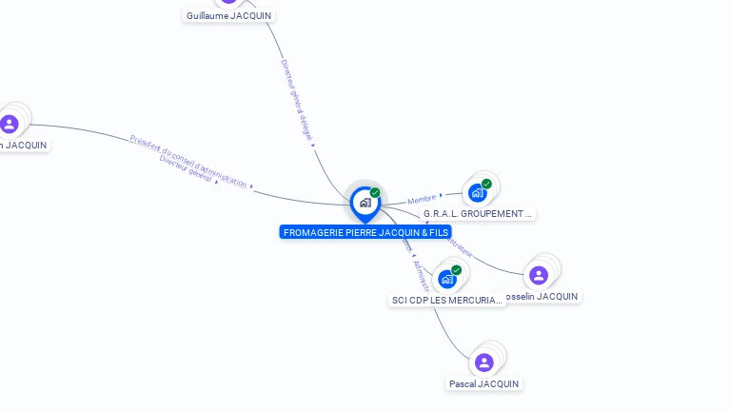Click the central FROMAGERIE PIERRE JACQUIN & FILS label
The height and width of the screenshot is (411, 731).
click(x=365, y=232)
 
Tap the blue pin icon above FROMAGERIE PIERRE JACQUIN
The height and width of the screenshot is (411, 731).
click(x=365, y=203)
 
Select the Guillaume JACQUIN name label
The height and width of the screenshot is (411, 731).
click(x=229, y=16)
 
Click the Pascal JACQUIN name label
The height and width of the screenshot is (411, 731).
click(x=484, y=383)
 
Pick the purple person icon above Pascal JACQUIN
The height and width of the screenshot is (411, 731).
click(x=484, y=362)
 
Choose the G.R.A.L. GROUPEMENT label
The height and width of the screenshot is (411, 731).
click(x=478, y=214)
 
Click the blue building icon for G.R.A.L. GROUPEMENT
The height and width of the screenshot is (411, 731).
click(x=478, y=193)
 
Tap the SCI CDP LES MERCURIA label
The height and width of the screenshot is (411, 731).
click(x=446, y=301)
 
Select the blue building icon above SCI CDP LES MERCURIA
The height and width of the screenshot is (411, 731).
click(x=447, y=280)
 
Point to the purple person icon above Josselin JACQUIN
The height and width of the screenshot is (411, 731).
click(x=539, y=276)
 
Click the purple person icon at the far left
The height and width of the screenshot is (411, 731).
click(x=10, y=124)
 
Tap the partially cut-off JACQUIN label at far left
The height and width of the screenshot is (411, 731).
click(x=24, y=145)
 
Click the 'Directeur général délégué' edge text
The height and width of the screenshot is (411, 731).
click(x=297, y=100)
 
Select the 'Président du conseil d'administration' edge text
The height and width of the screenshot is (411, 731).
click(x=188, y=161)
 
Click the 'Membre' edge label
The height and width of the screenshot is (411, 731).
click(x=422, y=199)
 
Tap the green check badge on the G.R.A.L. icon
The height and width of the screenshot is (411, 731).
click(x=486, y=184)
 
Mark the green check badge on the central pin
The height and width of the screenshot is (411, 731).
click(x=375, y=193)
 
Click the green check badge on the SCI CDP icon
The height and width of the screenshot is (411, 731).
click(x=456, y=270)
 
